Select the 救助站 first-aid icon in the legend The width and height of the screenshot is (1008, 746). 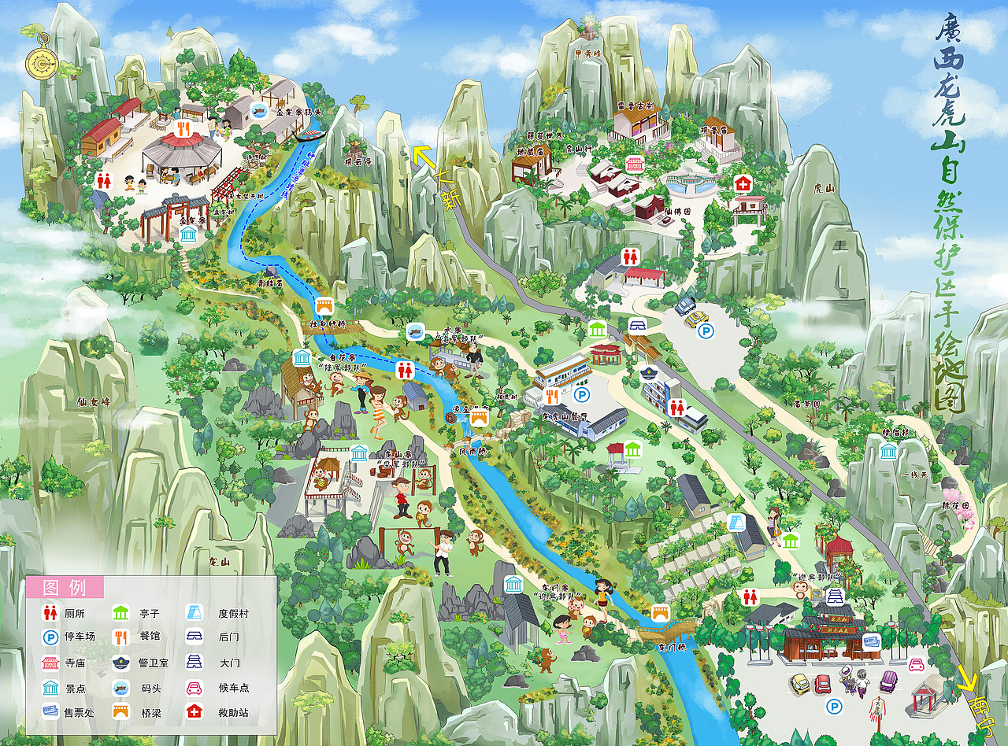click(x=194, y=711)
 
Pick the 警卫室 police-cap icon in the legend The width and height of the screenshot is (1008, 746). click(x=121, y=662)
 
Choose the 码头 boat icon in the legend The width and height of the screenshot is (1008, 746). click(x=121, y=687)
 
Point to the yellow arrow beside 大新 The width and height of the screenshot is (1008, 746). click(x=425, y=160)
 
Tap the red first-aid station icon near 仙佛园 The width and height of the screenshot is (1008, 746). click(x=742, y=183)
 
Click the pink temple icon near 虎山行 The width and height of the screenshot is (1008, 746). click(x=634, y=164)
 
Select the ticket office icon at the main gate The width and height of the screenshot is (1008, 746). click(x=871, y=641)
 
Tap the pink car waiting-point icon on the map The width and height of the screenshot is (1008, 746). click(x=916, y=665)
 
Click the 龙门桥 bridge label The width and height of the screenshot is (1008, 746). click(x=667, y=647)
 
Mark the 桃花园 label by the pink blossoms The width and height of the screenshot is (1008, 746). click(x=954, y=504)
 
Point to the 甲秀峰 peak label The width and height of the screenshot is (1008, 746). click(x=587, y=54)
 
